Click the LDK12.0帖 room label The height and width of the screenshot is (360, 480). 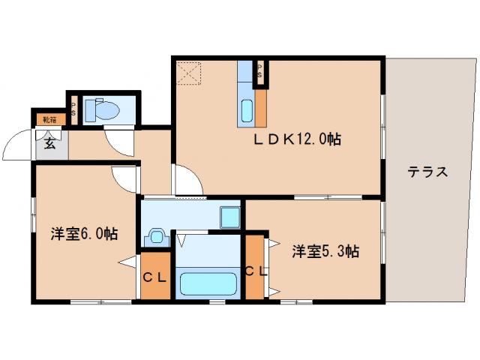point(297,139)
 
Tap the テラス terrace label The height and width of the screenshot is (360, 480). point(427,172)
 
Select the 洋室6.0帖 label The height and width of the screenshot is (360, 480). point(84,232)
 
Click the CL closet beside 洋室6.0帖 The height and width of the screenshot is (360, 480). point(155,277)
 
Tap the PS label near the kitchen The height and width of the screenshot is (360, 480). point(260,73)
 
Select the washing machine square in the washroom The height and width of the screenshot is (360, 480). point(229,218)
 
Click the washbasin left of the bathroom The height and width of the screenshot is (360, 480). point(157,236)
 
